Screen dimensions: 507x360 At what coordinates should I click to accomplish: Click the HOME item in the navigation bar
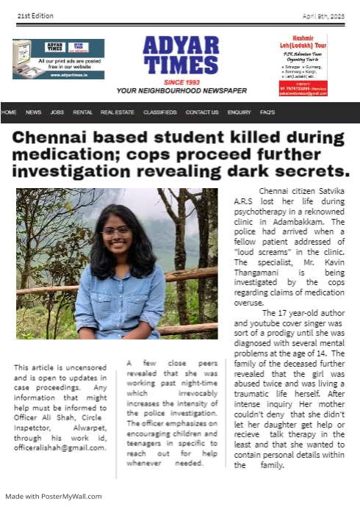coord(9,112)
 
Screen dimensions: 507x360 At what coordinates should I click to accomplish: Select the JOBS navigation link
coord(57,112)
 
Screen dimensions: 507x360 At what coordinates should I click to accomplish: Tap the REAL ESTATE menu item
coord(117,112)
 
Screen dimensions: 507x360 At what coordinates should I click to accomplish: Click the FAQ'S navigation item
coord(267,112)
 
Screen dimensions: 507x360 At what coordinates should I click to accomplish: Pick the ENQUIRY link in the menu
coord(239,112)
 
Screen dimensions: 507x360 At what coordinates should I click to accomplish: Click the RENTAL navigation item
coord(82,112)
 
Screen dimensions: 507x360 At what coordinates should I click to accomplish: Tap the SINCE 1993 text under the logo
coord(180,82)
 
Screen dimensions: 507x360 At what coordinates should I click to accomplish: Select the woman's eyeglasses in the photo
coord(115,230)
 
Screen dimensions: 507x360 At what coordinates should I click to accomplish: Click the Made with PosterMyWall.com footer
coord(54,496)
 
